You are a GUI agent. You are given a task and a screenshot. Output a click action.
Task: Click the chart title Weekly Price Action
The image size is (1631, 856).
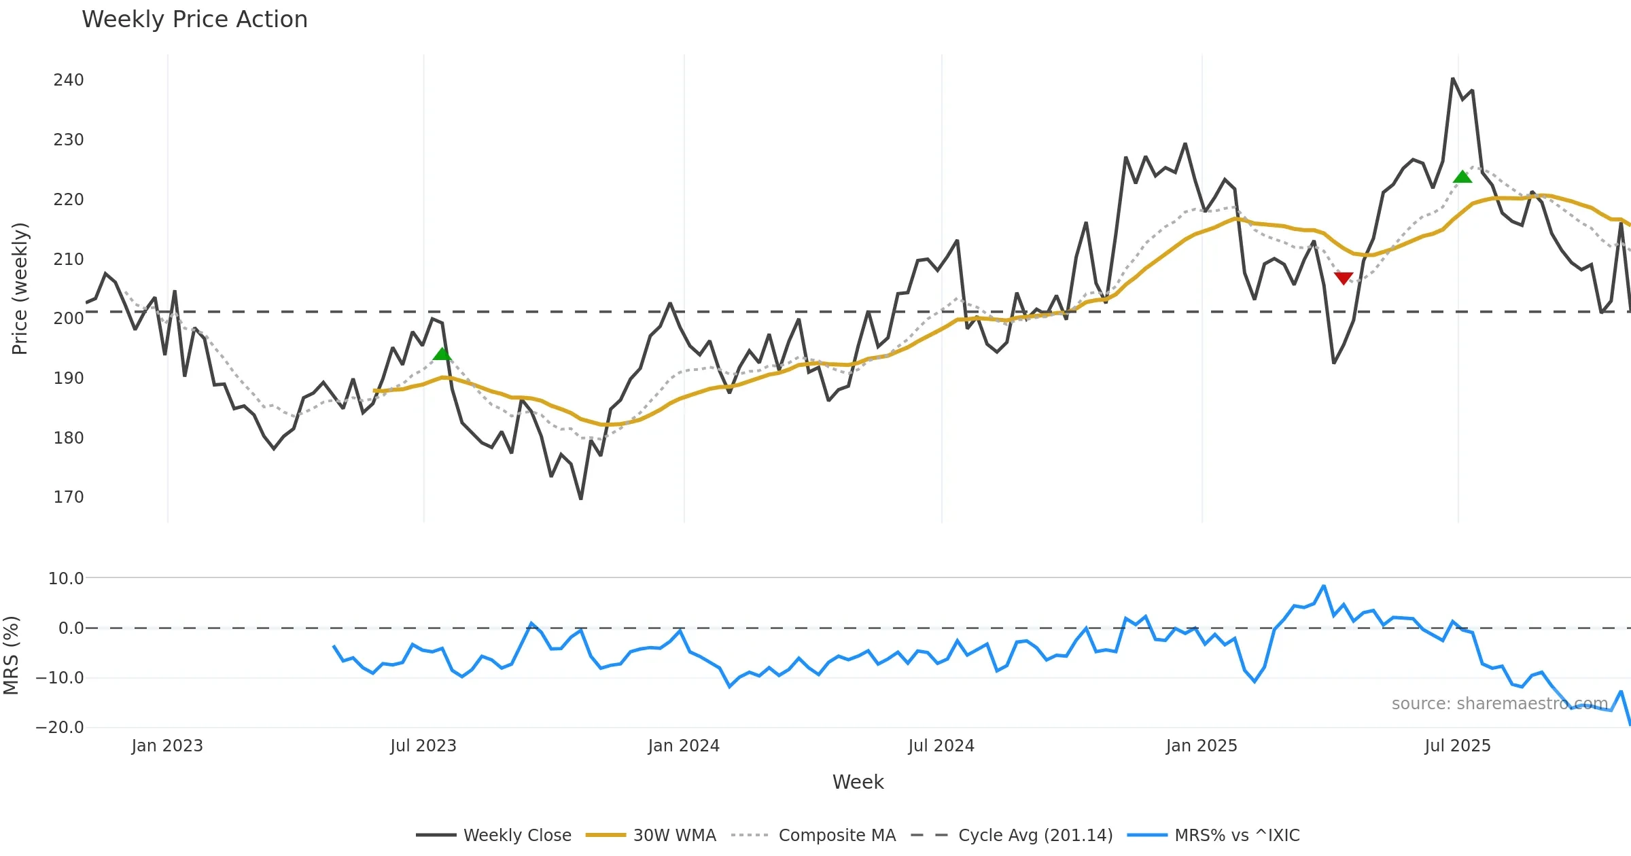click(x=194, y=20)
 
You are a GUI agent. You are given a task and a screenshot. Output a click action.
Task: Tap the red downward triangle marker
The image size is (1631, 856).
click(x=1344, y=278)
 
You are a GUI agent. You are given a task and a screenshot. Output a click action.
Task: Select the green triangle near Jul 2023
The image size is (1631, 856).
click(x=442, y=354)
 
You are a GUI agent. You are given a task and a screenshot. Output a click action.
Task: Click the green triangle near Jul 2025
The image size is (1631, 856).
click(x=1462, y=177)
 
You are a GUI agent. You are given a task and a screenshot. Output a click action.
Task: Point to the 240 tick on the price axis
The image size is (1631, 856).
click(x=69, y=80)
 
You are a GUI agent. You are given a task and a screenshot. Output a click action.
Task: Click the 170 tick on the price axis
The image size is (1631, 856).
click(x=69, y=497)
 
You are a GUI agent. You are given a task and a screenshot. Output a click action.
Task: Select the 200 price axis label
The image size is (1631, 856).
click(x=69, y=319)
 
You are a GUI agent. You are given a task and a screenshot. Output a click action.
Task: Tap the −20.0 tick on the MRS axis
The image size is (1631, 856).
click(x=60, y=728)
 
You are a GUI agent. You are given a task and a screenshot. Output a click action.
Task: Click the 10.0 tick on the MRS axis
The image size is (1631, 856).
click(x=66, y=579)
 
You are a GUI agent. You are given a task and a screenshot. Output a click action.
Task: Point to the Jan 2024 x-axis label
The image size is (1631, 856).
click(x=684, y=746)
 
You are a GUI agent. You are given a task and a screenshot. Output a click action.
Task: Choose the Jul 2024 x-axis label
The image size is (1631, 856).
click(x=941, y=746)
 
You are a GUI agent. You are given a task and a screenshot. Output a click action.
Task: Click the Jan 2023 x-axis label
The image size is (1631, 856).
click(x=167, y=746)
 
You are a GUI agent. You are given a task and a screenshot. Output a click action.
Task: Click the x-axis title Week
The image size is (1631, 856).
click(x=858, y=782)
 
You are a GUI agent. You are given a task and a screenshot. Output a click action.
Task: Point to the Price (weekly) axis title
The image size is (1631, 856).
click(x=20, y=289)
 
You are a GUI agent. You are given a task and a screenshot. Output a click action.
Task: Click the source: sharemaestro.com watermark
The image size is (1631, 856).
click(x=1499, y=704)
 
